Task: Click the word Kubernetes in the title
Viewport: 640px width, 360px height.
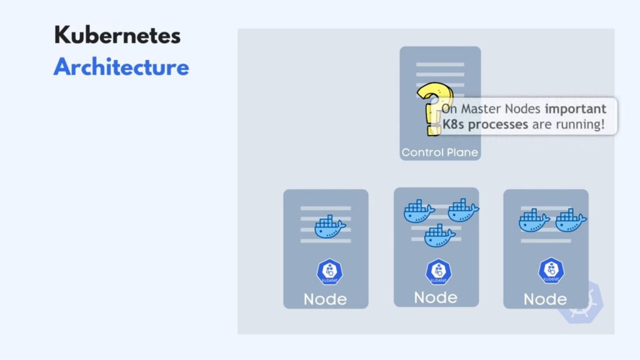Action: click(x=117, y=35)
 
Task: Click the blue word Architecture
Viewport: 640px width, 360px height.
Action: click(x=121, y=67)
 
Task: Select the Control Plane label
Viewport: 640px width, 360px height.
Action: click(x=439, y=152)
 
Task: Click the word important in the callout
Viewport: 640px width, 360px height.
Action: click(x=576, y=109)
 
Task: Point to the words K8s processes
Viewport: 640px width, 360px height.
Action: click(x=485, y=124)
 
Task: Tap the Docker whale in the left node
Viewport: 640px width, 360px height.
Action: click(x=330, y=226)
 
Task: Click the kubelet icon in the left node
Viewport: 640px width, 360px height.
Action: click(x=330, y=271)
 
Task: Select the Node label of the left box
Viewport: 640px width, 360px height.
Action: click(x=325, y=299)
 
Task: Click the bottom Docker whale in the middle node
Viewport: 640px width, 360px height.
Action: click(x=439, y=236)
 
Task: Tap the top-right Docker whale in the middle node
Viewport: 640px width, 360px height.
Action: click(x=463, y=210)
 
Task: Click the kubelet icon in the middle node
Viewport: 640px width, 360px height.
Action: click(x=439, y=271)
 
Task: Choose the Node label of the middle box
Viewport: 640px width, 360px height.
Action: click(x=436, y=297)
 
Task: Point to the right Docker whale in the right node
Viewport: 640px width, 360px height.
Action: click(x=571, y=220)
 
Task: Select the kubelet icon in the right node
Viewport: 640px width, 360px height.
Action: click(x=551, y=270)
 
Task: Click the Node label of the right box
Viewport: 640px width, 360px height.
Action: click(x=545, y=299)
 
